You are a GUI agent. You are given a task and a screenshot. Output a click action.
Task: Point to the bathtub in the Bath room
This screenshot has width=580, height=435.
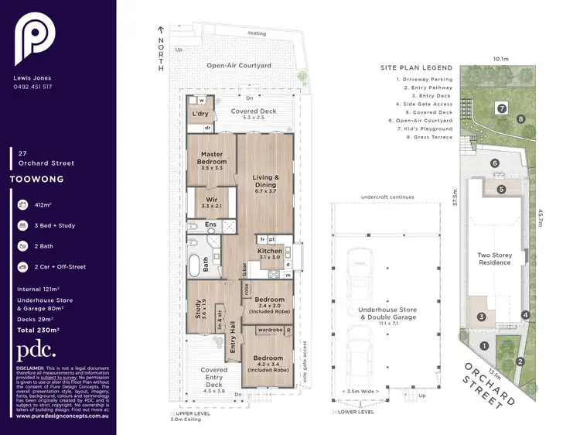click(x=194, y=265)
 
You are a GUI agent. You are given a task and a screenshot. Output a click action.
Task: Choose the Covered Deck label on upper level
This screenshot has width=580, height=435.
click(x=254, y=111)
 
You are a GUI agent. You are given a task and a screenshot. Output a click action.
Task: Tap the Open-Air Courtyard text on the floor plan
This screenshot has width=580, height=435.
click(x=238, y=66)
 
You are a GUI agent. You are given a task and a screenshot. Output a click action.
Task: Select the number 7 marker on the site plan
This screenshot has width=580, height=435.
click(x=501, y=108)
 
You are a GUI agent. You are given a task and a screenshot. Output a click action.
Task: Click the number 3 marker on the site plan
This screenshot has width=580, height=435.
click(x=481, y=317)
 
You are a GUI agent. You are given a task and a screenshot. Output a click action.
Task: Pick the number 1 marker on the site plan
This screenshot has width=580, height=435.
click(x=484, y=346)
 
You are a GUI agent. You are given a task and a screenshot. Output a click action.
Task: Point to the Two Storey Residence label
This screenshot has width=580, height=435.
click(x=494, y=258)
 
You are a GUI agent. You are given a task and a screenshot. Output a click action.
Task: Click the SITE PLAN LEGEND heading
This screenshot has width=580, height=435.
click(x=416, y=68)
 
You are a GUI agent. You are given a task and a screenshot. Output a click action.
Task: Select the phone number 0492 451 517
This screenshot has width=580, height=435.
click(x=33, y=87)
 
